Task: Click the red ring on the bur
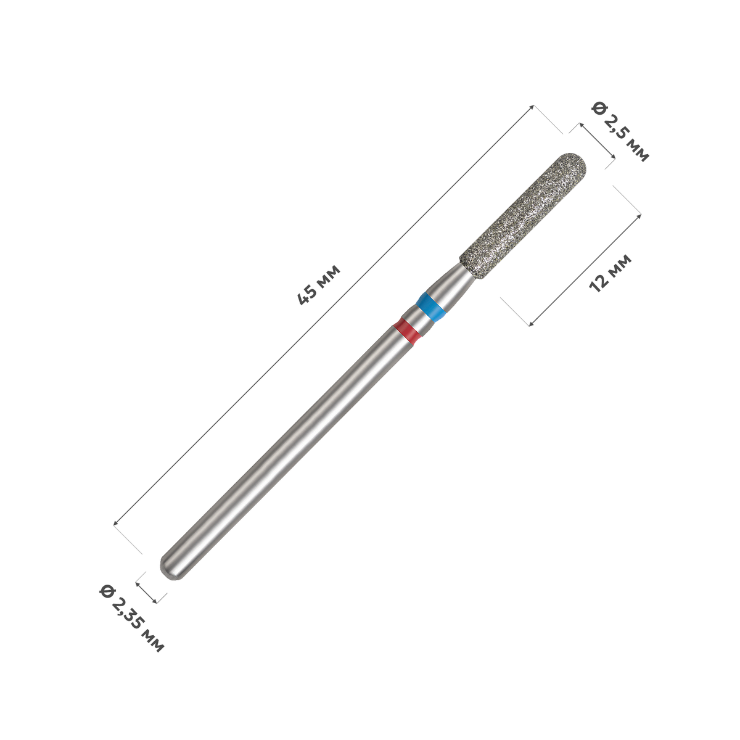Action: click(408, 330)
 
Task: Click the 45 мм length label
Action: click(319, 284)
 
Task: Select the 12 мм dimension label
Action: click(610, 273)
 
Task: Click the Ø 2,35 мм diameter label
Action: click(132, 619)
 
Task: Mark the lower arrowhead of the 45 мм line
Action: click(115, 523)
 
